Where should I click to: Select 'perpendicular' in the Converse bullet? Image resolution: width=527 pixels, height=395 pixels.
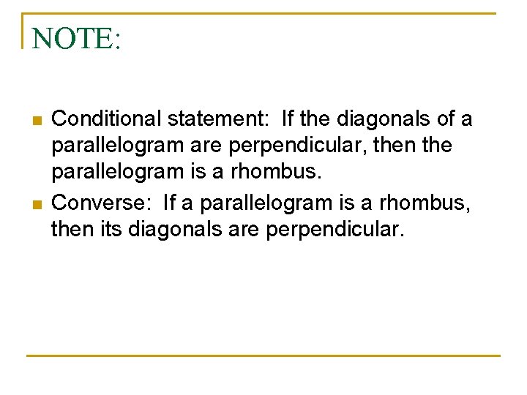tap(334, 230)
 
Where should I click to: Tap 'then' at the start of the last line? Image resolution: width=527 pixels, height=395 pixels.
tap(70, 230)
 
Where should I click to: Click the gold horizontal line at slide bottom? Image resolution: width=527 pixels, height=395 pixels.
tap(263, 355)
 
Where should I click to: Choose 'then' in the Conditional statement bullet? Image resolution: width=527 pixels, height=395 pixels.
tap(395, 146)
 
